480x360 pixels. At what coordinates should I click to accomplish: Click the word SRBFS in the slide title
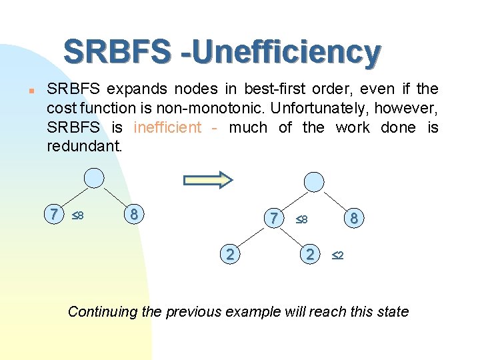tap(117, 52)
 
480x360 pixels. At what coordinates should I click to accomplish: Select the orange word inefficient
tap(167, 127)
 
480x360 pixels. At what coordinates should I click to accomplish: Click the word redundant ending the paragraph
tap(84, 146)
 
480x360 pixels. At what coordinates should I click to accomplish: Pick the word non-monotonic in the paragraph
tap(226, 108)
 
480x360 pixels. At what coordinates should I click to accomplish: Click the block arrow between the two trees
tap(207, 179)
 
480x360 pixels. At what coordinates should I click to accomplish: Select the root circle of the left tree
tap(95, 178)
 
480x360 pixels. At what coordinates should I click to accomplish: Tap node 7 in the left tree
tap(53, 215)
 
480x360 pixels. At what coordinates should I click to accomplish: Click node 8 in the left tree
tap(134, 215)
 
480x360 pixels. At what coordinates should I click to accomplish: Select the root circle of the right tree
tap(313, 181)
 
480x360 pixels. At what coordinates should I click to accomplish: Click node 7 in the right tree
tap(273, 218)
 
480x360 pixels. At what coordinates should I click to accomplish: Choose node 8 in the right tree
tap(354, 218)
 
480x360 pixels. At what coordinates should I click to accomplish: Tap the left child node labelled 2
tap(230, 254)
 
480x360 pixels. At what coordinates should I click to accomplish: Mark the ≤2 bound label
tap(337, 255)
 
